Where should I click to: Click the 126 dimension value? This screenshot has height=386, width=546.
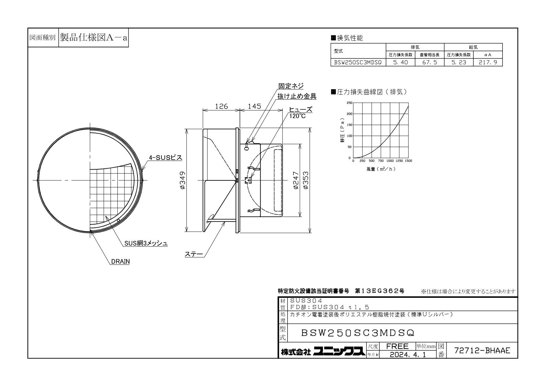[x=221, y=106]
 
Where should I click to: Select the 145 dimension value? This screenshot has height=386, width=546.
[x=254, y=106]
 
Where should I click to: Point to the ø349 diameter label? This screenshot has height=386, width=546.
[x=183, y=180]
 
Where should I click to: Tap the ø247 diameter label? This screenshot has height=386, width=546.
[x=296, y=180]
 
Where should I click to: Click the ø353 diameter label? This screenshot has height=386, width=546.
[x=306, y=180]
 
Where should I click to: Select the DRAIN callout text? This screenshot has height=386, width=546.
[x=120, y=261]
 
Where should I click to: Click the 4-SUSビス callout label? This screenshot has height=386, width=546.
[x=165, y=158]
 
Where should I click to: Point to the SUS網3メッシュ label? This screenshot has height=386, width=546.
[x=146, y=243]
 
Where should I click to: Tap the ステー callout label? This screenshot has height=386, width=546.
[x=194, y=254]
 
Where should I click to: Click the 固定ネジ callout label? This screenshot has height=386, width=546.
[x=291, y=86]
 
